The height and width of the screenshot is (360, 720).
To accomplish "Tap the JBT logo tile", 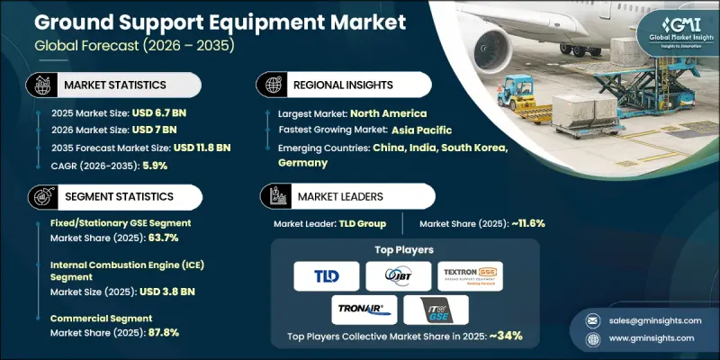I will coord(399,276).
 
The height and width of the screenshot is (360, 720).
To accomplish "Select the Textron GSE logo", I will coord(470,276).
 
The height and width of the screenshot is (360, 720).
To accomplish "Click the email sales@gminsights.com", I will coord(652,319).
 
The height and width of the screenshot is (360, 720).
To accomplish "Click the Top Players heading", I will coord(399,249).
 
